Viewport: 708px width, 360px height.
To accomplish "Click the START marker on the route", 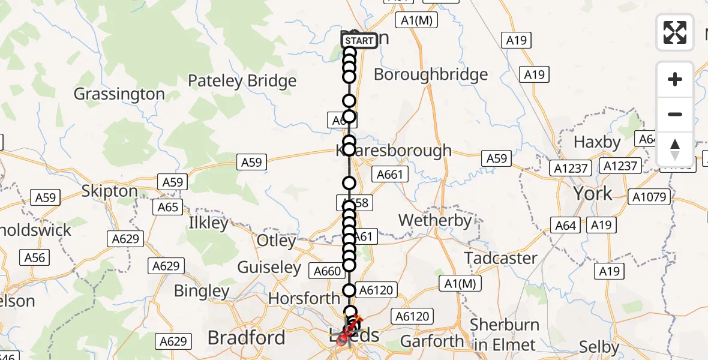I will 359,41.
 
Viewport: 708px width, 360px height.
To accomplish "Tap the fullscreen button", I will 675,32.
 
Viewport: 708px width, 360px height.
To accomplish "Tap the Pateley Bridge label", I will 242,81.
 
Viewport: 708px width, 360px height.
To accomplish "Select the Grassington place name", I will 119,94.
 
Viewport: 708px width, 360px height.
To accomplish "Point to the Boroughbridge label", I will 430,75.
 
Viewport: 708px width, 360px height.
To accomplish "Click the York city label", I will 593,193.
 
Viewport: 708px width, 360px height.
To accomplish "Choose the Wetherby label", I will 435,221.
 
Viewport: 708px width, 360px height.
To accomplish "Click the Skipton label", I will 109,191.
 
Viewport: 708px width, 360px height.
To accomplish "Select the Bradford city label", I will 246,338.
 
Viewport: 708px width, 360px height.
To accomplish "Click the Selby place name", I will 599,347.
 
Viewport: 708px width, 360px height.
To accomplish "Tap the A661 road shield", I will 390,175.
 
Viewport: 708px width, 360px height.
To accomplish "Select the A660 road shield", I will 328,271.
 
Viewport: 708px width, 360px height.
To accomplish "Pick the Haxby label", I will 597,142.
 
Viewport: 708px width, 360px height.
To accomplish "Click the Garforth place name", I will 432,341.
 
